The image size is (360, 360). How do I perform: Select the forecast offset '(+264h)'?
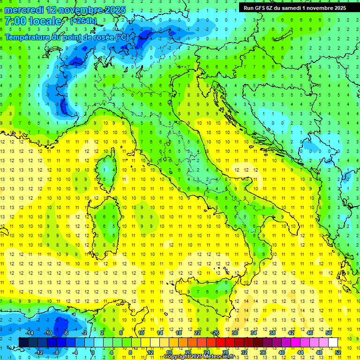(83, 21)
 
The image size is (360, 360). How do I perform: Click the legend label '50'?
(329, 333)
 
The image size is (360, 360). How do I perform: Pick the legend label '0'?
(93, 352)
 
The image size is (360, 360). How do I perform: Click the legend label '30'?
(234, 333)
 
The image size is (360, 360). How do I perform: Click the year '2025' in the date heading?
(104, 9)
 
